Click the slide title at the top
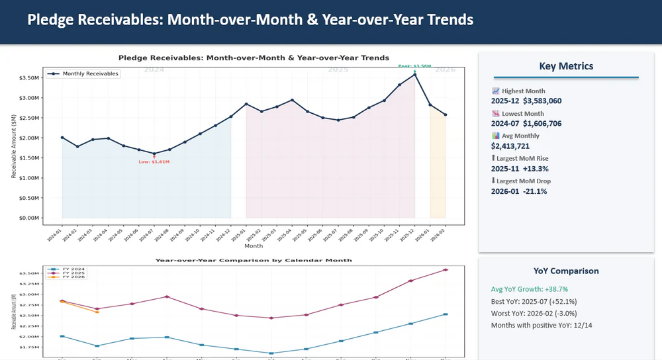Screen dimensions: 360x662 [x=250, y=20]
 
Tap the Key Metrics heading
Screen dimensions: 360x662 [x=566, y=66]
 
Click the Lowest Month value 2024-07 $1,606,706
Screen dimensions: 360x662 [x=526, y=124]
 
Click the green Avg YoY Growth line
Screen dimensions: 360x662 [x=530, y=289]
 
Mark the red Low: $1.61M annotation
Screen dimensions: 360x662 [x=154, y=162]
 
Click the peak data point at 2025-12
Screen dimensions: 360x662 [x=415, y=75]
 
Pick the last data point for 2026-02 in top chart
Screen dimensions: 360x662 [x=446, y=114]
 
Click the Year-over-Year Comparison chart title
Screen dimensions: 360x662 [x=254, y=261]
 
